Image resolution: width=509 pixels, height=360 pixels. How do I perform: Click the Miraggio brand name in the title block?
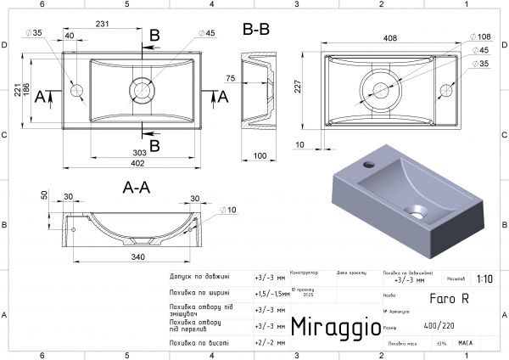[330, 327]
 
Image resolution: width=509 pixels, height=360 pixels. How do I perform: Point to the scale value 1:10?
[485, 278]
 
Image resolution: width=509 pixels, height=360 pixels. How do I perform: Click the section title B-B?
[257, 31]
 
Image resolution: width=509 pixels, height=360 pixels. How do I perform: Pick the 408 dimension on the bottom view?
[389, 38]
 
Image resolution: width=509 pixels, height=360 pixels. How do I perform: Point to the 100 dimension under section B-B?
[260, 156]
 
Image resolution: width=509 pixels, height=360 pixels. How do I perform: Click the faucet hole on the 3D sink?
[370, 161]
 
